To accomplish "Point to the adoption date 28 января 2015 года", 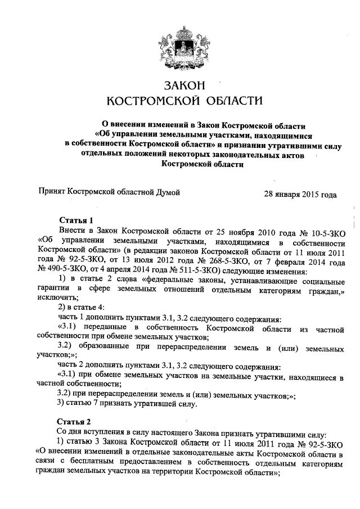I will [300, 195].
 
